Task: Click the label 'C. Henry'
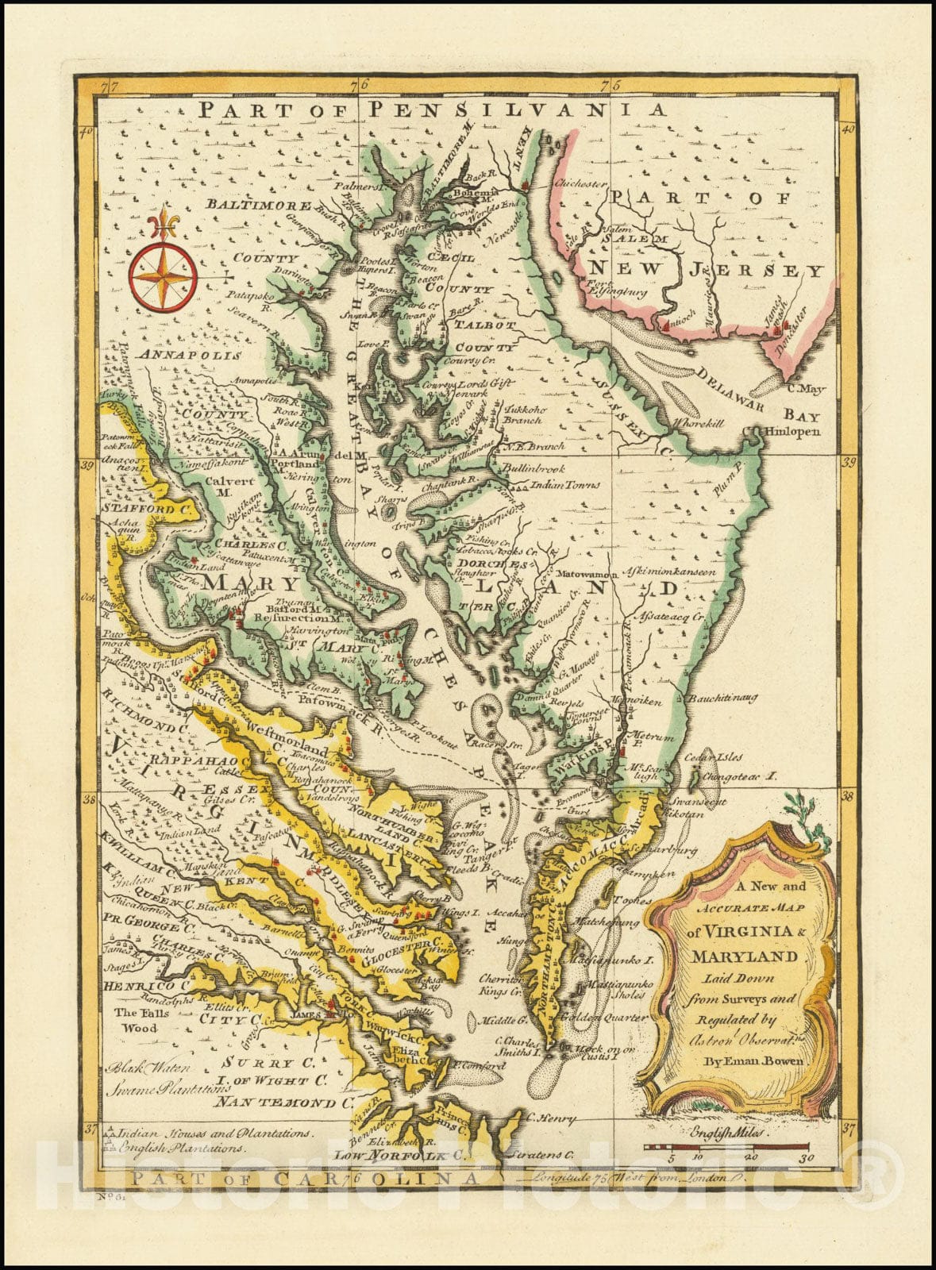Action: (549, 1118)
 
